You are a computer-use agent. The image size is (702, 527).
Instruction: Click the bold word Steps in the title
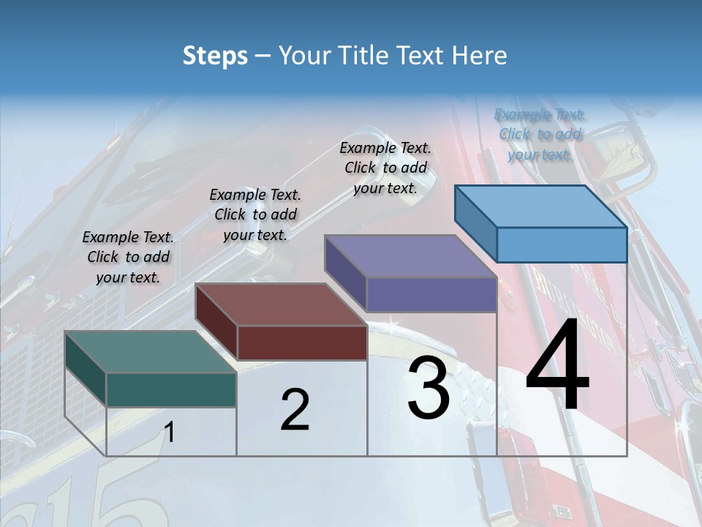(x=215, y=56)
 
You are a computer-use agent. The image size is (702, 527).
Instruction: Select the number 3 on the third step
(x=428, y=387)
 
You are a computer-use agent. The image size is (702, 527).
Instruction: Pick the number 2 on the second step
(x=295, y=410)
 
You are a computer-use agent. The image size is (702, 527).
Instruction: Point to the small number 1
(x=169, y=433)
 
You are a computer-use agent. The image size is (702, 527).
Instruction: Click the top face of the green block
(x=150, y=352)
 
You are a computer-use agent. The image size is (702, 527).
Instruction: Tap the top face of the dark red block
(x=281, y=304)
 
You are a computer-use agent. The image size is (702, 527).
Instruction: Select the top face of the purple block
(x=410, y=256)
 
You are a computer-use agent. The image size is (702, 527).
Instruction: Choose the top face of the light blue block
(x=541, y=206)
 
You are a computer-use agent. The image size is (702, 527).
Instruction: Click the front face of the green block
(x=171, y=389)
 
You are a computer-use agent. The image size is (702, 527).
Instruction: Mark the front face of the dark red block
(x=302, y=343)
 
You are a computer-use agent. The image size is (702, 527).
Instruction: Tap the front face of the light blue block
(x=562, y=244)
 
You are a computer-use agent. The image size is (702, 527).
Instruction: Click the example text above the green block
(x=128, y=257)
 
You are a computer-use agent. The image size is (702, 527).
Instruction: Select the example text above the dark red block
(x=255, y=214)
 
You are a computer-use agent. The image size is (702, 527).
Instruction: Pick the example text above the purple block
(x=385, y=168)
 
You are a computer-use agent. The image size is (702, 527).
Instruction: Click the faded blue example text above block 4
(x=540, y=134)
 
